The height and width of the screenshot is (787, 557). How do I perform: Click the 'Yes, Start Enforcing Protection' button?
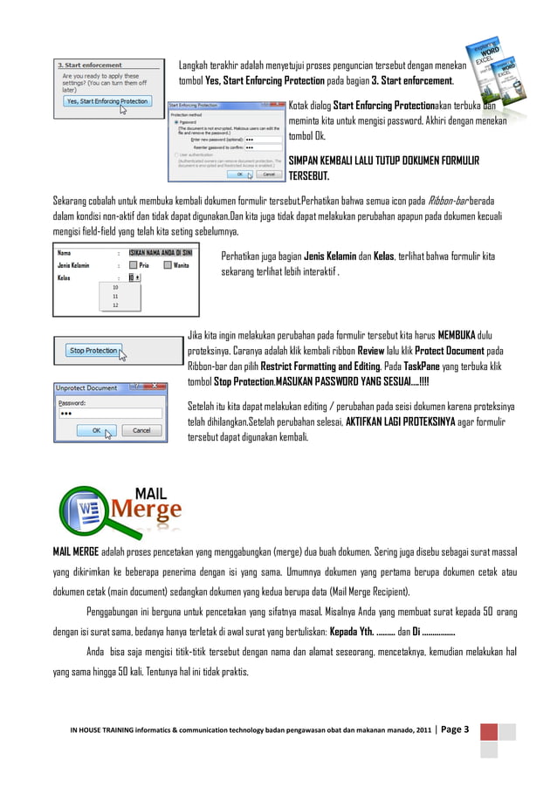107,101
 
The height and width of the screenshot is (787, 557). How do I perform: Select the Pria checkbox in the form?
133,264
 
